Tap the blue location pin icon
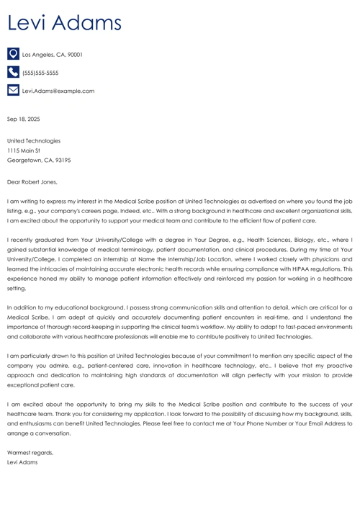tap(13, 54)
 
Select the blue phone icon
tap(13, 72)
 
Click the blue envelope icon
tap(13, 91)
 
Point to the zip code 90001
tap(76, 55)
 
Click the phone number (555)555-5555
tap(40, 73)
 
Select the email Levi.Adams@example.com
tap(58, 91)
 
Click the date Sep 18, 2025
tap(23, 119)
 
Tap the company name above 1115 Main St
tap(34, 141)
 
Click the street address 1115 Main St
tap(24, 150)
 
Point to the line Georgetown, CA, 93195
tap(39, 161)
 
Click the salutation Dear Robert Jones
tap(32, 182)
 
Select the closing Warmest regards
tap(30, 452)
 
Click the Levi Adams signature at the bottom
tap(22, 462)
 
